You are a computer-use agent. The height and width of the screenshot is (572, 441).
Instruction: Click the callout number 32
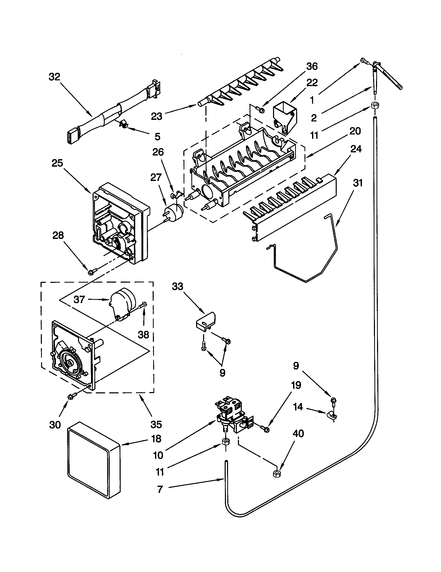pos(54,77)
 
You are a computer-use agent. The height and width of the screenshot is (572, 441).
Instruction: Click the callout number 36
pos(312,66)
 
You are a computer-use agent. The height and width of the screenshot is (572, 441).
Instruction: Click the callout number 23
pos(157,116)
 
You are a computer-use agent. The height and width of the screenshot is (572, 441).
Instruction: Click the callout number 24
pos(356,149)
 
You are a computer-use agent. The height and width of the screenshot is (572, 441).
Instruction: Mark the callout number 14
pos(298,407)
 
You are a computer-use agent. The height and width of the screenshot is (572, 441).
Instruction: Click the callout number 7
pos(160,489)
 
